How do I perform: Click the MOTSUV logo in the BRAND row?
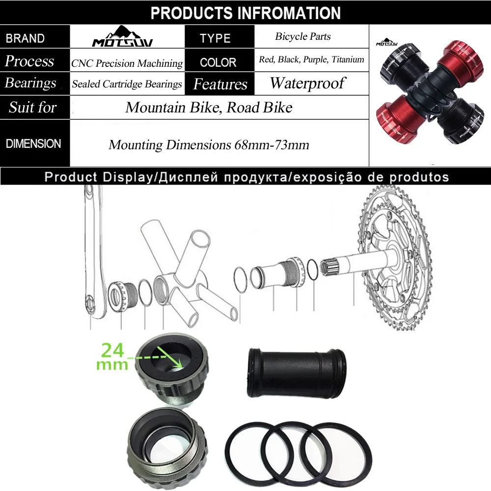122,37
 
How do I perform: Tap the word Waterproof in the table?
307,83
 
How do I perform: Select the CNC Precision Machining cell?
127,63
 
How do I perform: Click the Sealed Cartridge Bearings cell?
127,84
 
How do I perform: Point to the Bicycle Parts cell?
302,36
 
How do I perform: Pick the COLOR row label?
218,62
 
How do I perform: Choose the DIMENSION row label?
33,144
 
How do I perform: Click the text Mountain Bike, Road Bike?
209,108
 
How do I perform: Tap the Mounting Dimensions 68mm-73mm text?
209,145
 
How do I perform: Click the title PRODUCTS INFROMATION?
245,13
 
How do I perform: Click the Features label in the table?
220,84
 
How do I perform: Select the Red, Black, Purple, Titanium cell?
311,60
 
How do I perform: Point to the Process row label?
29,61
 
